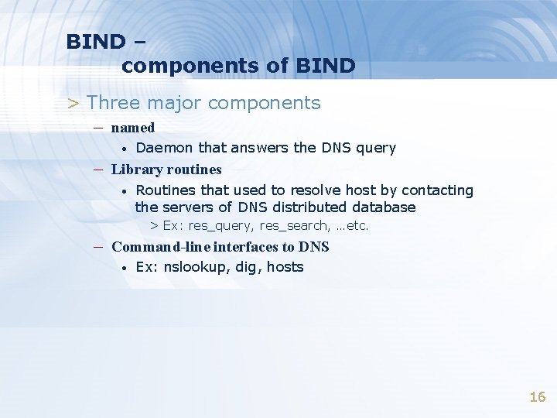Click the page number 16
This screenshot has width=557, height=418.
pyautogui.click(x=537, y=397)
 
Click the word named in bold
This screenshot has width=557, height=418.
pyautogui.click(x=133, y=128)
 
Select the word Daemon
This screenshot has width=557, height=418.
pyautogui.click(x=165, y=148)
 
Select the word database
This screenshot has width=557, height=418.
pyautogui.click(x=384, y=207)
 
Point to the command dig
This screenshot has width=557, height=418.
pyautogui.click(x=247, y=268)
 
